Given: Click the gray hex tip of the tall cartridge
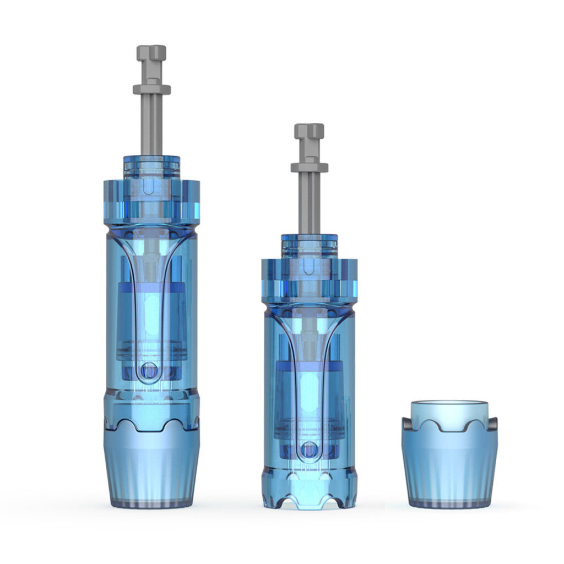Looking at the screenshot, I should coord(151,53).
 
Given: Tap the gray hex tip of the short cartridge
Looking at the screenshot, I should coord(309,131).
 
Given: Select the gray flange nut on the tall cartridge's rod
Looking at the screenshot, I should coord(151,88).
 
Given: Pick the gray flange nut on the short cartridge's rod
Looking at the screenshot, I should coord(309,167).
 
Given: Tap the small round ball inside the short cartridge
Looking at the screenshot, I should coord(310,449).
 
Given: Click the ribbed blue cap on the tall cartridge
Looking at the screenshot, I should coord(151,468).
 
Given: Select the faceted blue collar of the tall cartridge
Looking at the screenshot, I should coord(151,201).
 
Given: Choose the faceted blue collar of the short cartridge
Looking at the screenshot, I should coord(309,281).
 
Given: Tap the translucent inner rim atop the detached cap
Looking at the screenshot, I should coord(449,410).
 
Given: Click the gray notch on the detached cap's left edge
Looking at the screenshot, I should coord(405,424).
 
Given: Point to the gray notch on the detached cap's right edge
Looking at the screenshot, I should coord(493,424).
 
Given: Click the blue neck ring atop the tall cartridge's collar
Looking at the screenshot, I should coord(151,165).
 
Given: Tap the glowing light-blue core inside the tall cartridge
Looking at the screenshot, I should coord(149,319).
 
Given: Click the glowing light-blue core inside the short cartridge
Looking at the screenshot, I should coord(310,397).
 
